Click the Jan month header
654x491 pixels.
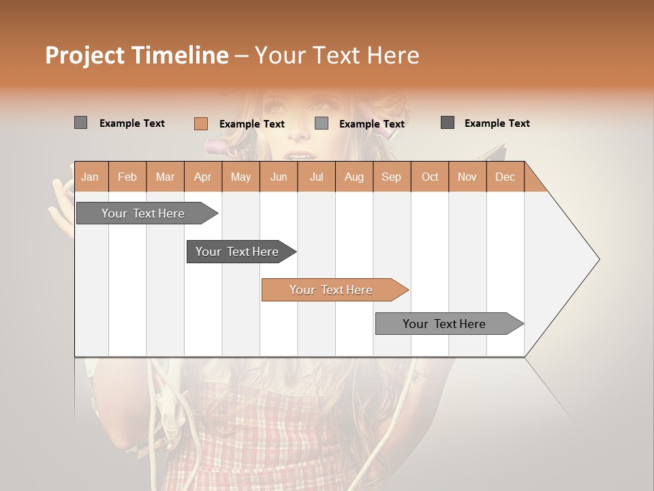tap(90, 177)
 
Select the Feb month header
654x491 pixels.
tap(127, 177)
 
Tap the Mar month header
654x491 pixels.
tap(165, 177)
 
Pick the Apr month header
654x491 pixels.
tap(203, 177)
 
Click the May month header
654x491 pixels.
tap(240, 177)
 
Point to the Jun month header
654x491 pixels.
tap(279, 177)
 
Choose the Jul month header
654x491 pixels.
tap(316, 177)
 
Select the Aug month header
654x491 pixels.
tap(354, 177)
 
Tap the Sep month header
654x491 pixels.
tap(392, 177)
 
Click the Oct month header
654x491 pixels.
tap(430, 177)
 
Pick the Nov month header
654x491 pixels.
tap(467, 177)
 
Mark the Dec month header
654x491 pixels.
tap(505, 177)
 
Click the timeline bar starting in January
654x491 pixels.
tap(143, 213)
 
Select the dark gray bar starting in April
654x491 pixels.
tap(237, 252)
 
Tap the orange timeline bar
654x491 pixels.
tap(331, 290)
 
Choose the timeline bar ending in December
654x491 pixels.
tap(444, 324)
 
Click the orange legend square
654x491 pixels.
tap(201, 123)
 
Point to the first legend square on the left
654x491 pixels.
tap(81, 123)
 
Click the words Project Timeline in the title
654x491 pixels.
tap(137, 55)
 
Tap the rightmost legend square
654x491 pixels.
tap(448, 123)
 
